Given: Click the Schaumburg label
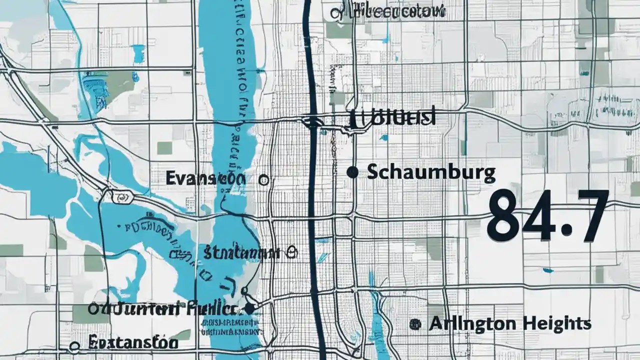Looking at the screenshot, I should [x=431, y=173].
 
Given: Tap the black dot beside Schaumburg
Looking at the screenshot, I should [x=352, y=172].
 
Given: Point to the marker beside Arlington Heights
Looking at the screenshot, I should [x=414, y=324].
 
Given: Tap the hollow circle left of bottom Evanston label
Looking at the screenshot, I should [x=75, y=345].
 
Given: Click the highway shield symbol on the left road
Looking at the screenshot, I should [x=119, y=197].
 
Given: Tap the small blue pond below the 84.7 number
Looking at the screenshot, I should [x=548, y=270].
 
